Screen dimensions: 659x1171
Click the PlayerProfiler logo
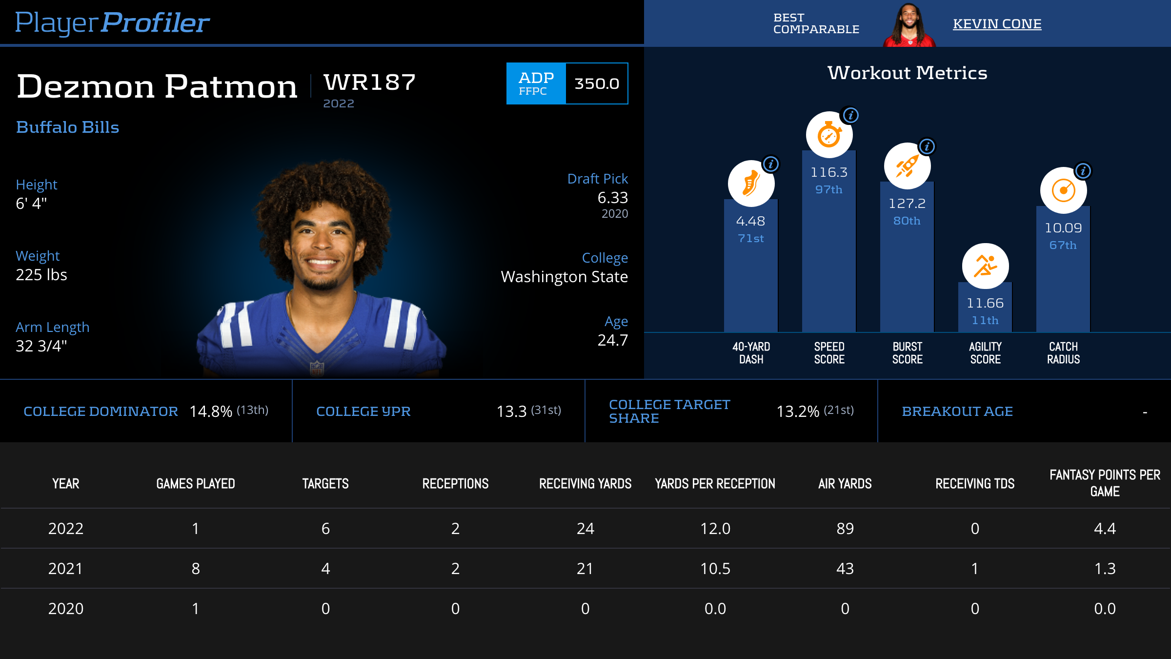point(112,22)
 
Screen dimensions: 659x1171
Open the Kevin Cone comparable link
point(997,23)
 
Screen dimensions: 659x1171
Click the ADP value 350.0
point(596,83)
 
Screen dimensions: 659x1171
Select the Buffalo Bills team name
point(67,127)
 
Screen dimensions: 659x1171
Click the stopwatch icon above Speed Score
point(829,135)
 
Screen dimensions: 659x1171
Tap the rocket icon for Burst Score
point(907,166)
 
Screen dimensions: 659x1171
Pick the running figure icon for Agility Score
point(985,266)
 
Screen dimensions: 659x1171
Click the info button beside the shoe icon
point(771,164)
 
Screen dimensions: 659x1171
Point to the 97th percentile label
point(828,189)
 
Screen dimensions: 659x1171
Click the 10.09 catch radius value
point(1063,228)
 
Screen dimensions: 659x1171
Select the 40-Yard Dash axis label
point(751,353)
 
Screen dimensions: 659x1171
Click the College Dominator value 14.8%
point(211,412)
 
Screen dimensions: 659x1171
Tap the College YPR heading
point(363,412)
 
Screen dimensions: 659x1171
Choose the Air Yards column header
point(845,484)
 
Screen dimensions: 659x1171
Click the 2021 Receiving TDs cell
point(974,569)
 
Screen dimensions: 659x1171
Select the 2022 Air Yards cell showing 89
point(845,529)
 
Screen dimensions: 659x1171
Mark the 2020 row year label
point(66,609)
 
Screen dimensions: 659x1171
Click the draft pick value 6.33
point(612,198)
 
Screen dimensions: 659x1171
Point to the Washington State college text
point(564,277)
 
